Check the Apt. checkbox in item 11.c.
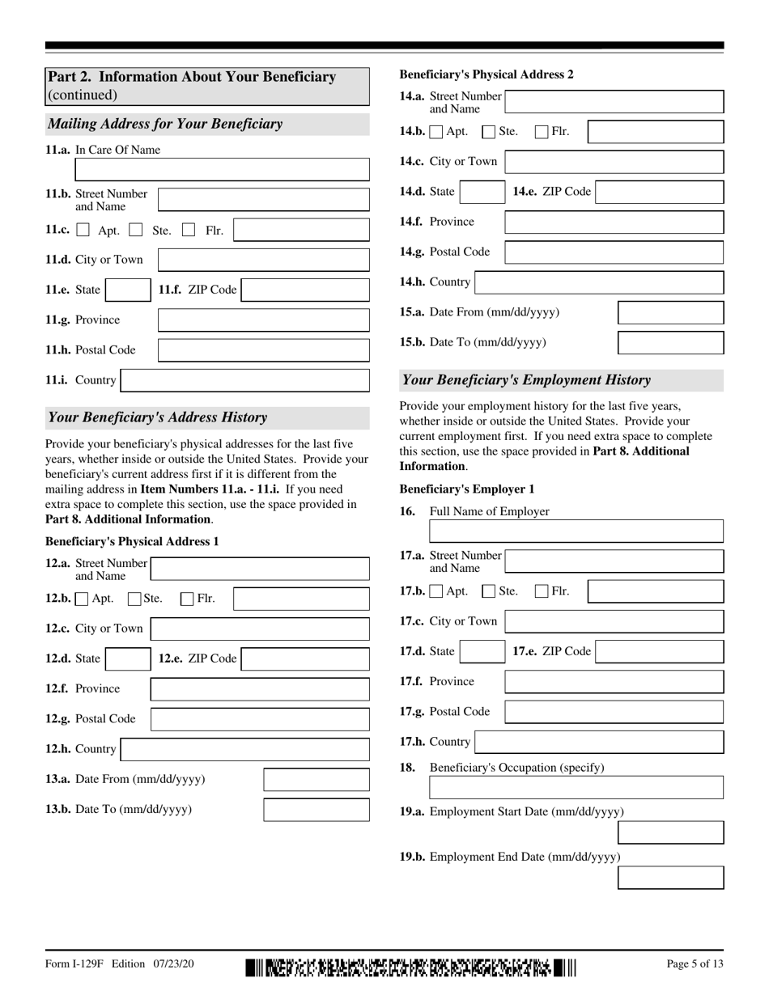[83, 231]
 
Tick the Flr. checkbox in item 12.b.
[187, 599]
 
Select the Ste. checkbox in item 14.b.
[488, 132]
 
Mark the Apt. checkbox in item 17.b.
[436, 592]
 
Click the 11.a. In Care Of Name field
[222, 169]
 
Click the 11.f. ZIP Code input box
[305, 290]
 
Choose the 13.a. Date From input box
[317, 780]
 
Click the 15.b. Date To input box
[670, 342]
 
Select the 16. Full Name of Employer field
[576, 531]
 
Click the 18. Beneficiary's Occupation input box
[576, 787]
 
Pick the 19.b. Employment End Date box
[670, 878]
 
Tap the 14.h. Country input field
[599, 282]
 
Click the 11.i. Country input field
[245, 380]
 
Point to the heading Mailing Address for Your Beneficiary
[166, 124]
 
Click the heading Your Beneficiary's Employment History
[526, 379]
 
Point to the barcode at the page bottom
[411, 967]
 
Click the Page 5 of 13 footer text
[695, 963]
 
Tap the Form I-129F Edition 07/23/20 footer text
[120, 963]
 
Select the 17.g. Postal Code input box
[614, 712]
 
